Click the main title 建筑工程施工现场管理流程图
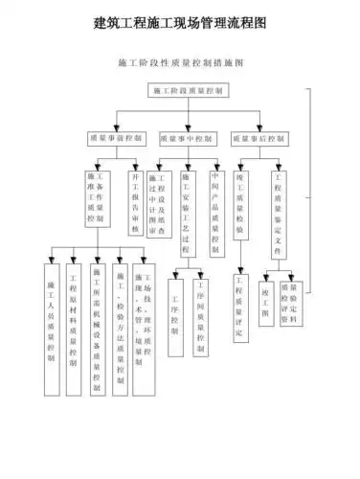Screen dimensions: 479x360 pos(180,21)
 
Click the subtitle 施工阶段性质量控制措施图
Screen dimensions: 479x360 pos(180,63)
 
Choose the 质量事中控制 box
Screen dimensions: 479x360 pos(189,138)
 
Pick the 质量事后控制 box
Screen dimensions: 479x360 pos(260,138)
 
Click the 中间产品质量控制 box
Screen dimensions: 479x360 pos(215,206)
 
